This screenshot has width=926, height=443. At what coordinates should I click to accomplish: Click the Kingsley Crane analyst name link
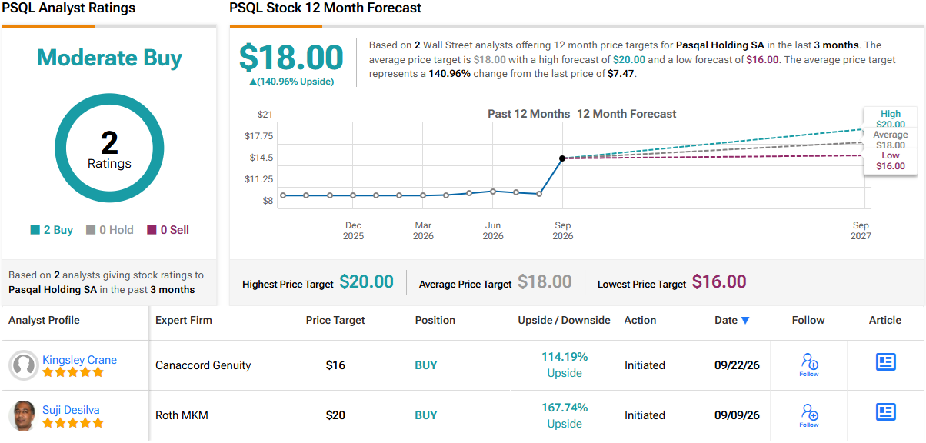[x=79, y=359]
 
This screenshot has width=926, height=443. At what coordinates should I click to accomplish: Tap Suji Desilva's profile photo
[x=23, y=416]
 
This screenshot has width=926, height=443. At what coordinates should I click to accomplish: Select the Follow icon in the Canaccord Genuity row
[x=809, y=365]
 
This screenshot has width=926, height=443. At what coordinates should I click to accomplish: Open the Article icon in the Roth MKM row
[x=885, y=412]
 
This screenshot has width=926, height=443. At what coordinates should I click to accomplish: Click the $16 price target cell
[x=335, y=365]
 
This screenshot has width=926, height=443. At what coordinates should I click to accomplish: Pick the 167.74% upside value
[x=565, y=408]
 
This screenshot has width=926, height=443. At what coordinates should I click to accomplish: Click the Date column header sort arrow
[x=745, y=320]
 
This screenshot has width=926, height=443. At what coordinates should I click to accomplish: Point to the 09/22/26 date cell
[x=737, y=365]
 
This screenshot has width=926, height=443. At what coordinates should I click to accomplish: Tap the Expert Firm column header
[x=184, y=320]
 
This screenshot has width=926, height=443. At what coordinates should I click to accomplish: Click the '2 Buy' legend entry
[x=52, y=230]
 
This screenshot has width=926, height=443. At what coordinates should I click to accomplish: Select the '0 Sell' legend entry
[x=168, y=230]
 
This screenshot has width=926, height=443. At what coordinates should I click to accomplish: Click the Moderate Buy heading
[x=109, y=58]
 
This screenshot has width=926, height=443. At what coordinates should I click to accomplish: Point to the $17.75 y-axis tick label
[x=258, y=136]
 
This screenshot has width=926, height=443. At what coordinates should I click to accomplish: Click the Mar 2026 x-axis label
[x=423, y=231]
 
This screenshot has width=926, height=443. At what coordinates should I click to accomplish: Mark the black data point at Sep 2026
[x=562, y=158]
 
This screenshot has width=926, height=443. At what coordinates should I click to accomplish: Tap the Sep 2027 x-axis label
[x=861, y=231]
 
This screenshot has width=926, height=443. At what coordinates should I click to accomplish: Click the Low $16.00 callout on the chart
[x=891, y=161]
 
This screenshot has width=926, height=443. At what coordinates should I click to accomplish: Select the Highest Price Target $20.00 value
[x=366, y=281]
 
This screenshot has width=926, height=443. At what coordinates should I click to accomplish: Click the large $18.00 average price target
[x=291, y=58]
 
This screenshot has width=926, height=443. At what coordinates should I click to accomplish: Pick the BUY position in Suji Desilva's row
[x=426, y=415]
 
